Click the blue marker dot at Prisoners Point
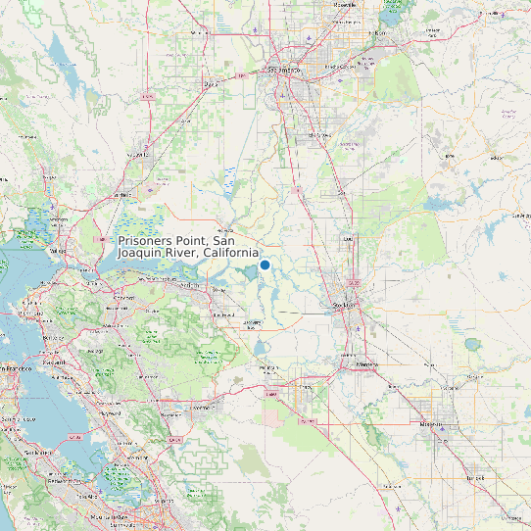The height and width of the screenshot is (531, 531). click(265, 265)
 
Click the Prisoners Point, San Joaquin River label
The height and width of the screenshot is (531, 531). click(189, 247)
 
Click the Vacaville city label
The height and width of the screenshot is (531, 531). click(121, 195)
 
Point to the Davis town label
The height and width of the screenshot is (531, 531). click(209, 84)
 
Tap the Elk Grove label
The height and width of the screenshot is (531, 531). click(315, 134)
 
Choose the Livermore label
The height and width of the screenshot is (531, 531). click(203, 405)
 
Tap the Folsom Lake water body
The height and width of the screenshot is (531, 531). click(392, 14)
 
